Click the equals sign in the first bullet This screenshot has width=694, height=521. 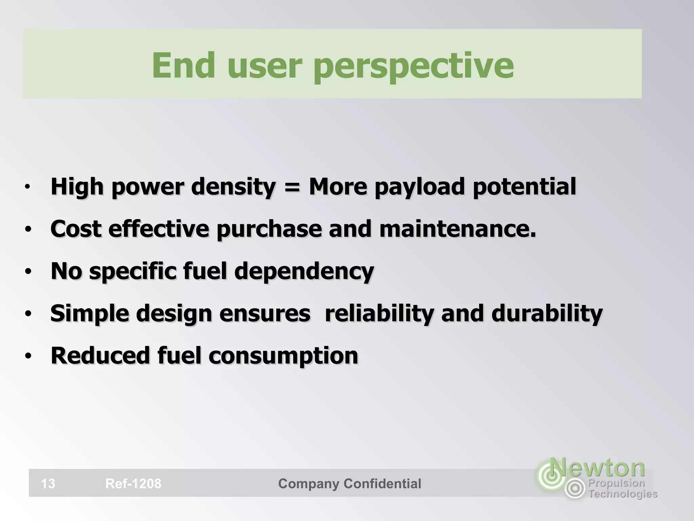tap(292, 187)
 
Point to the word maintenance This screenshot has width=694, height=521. tap(457, 229)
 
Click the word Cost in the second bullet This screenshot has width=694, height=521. tap(76, 229)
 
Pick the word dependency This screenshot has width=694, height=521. tap(304, 271)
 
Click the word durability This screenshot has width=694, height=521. tap(547, 313)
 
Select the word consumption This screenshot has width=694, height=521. tap(283, 355)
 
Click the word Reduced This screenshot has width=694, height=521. tap(100, 355)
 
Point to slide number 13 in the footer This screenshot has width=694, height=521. tap(48, 483)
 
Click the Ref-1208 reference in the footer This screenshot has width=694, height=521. tap(133, 483)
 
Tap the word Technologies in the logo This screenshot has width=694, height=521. tap(623, 494)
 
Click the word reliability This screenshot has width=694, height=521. tap(379, 313)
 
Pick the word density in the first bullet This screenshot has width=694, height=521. tap(233, 187)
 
